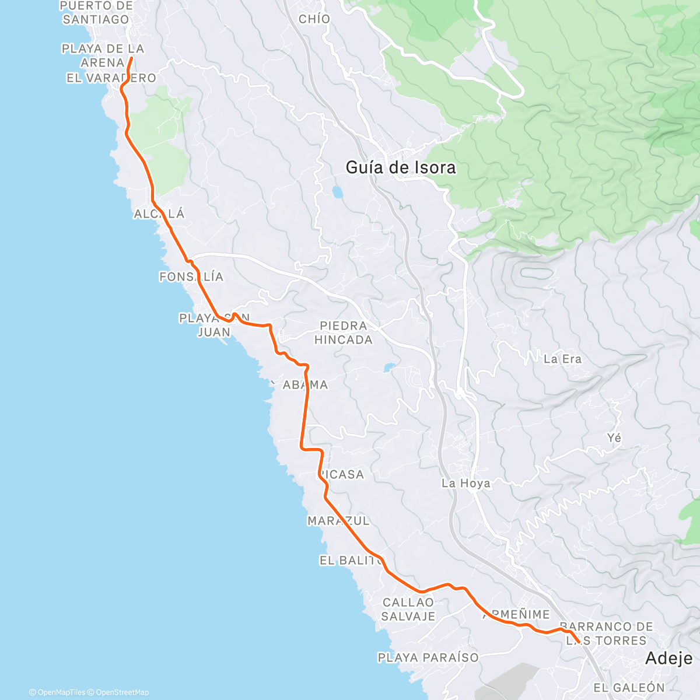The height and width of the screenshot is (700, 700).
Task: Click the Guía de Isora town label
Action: click(401, 168)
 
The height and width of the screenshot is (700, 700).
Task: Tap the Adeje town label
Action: click(668, 659)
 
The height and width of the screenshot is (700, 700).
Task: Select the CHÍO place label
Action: click(314, 19)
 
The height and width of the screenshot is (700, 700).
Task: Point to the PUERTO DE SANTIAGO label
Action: click(96, 13)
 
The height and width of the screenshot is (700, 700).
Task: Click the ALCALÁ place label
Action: click(159, 214)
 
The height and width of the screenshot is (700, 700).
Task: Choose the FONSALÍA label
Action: click(191, 276)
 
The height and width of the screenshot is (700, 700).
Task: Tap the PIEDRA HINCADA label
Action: click(343, 333)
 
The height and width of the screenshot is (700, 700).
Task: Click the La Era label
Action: click(562, 359)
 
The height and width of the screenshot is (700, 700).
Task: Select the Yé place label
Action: click(614, 438)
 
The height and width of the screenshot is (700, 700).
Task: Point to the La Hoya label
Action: click(466, 483)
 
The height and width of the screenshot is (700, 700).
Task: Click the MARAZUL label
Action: click(338, 521)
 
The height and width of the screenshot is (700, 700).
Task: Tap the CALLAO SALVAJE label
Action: click(408, 610)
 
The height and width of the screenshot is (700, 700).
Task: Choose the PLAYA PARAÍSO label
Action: click(428, 658)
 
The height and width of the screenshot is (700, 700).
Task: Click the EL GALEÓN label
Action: click(629, 688)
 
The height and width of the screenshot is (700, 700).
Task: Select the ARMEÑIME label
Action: click(516, 615)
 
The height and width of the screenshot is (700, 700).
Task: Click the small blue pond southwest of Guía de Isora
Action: click(337, 191)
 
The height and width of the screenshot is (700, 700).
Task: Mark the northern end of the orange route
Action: click(131, 58)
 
